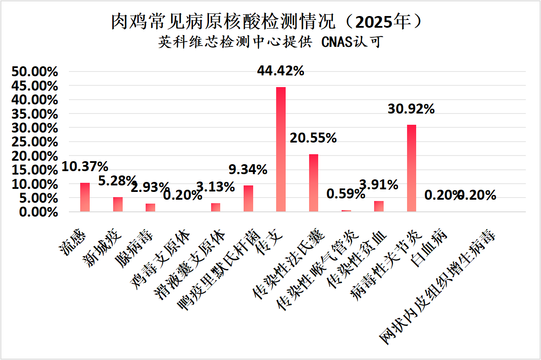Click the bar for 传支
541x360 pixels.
tap(281, 149)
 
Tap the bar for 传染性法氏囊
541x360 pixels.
tap(313, 183)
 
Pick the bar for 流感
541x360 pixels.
tap(85, 197)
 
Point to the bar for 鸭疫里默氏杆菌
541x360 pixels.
tap(248, 198)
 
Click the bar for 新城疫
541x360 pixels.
tap(118, 204)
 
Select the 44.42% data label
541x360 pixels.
tap(280, 71)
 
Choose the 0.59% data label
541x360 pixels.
tap(345, 194)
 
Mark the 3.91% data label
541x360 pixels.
tap(378, 185)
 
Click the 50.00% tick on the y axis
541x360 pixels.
tap(35, 72)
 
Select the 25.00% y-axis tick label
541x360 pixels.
tap(35, 142)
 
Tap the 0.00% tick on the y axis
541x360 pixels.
tap(38, 212)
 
